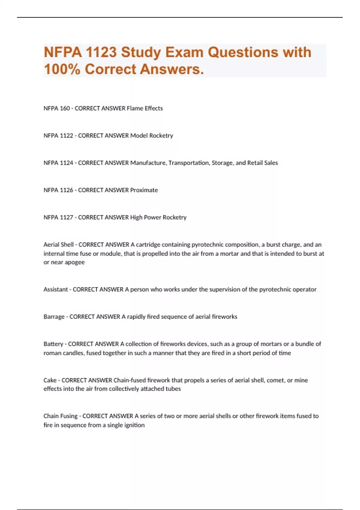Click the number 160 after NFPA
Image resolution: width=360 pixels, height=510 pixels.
click(65, 108)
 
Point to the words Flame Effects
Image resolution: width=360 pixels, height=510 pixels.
click(145, 108)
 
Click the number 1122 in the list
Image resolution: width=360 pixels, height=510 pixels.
click(67, 136)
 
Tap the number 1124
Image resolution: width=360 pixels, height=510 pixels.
click(67, 163)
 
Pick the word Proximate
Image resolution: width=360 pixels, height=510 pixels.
click(144, 190)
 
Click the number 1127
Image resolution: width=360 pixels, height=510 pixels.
click(67, 217)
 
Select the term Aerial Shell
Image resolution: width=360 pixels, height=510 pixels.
click(58, 244)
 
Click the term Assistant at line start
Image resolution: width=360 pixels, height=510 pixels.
click(56, 289)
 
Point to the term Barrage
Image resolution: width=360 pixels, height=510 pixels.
click(54, 317)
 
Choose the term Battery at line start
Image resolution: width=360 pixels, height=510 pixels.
click(53, 344)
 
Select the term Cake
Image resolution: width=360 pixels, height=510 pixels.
click(50, 380)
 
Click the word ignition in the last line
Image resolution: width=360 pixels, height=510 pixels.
click(134, 425)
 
